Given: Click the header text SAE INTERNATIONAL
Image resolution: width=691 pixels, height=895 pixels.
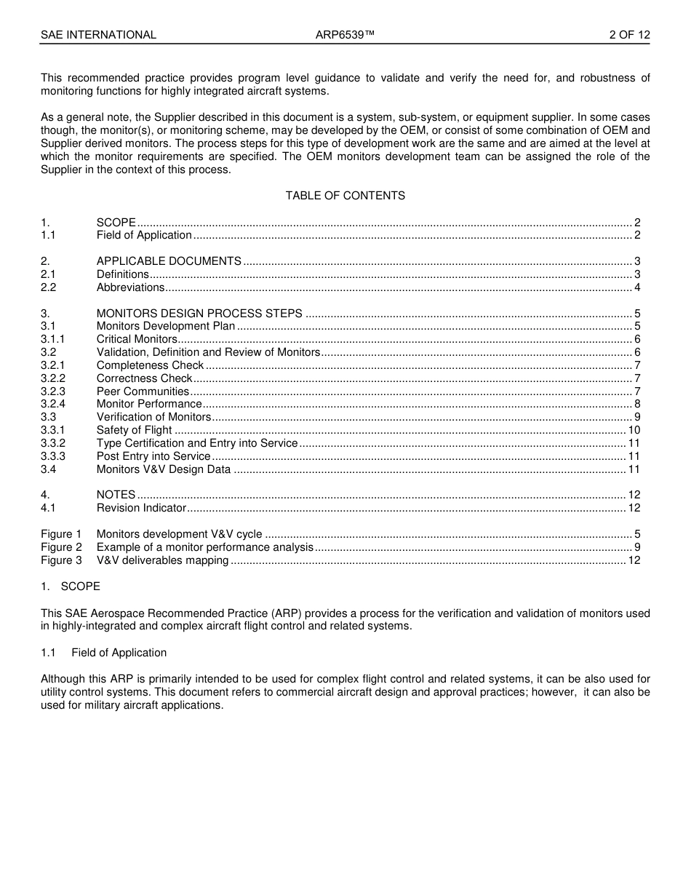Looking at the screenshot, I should pos(98,35).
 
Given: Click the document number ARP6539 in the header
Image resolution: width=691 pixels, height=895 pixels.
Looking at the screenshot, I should pos(345,35).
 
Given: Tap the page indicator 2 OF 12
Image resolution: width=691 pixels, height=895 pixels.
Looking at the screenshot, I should pos(629,35).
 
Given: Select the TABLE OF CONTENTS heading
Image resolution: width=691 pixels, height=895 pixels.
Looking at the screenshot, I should pos(345,196).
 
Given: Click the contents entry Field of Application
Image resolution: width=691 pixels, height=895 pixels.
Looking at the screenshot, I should pos(144,235).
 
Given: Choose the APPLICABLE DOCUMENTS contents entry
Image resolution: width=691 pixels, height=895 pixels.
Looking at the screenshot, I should pos(169,261).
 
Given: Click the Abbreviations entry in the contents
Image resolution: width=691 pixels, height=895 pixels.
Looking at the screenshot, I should pos(131,287).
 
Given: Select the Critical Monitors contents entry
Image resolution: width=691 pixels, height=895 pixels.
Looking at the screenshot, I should pos(137,339).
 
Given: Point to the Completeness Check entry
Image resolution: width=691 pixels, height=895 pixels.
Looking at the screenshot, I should pos(150,365).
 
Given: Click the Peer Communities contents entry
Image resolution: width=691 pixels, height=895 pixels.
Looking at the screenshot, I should pos(143,391).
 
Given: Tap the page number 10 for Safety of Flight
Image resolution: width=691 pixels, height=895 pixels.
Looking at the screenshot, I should pos(634,430).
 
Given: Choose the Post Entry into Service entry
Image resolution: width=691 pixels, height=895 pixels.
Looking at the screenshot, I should pos(153,456).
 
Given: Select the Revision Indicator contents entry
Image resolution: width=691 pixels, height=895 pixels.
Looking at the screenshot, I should pos(141,508).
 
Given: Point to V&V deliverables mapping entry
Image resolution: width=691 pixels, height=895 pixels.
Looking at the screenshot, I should pos(162,560).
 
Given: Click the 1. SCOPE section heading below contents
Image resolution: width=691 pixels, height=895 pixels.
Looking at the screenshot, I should pos(71,586).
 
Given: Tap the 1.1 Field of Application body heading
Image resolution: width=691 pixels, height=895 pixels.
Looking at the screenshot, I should pos(104,653).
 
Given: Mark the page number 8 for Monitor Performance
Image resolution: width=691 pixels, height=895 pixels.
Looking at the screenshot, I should pos(637,404).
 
